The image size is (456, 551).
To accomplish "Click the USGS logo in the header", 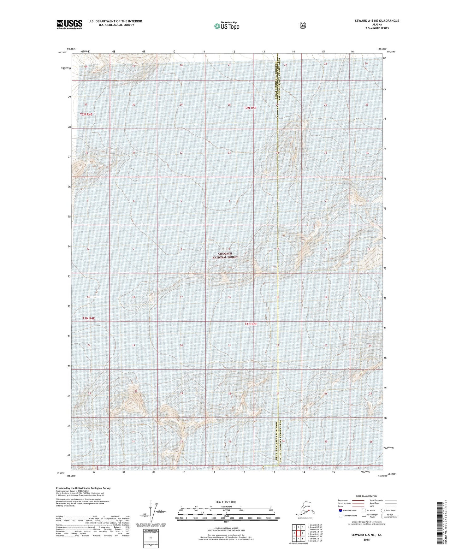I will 69,24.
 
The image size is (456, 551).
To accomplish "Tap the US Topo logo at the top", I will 226,26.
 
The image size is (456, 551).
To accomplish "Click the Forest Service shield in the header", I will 302,26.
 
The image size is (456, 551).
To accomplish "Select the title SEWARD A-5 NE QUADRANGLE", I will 372,21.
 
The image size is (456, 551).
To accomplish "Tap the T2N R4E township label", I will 86,114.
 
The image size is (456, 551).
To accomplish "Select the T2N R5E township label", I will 250,108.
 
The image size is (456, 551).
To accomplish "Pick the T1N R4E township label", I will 88,318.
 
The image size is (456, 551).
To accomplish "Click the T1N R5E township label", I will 251,324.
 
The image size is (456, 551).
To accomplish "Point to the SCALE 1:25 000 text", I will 225,502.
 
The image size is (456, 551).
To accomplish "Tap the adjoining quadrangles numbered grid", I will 298,533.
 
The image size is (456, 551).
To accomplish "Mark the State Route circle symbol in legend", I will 382,510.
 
